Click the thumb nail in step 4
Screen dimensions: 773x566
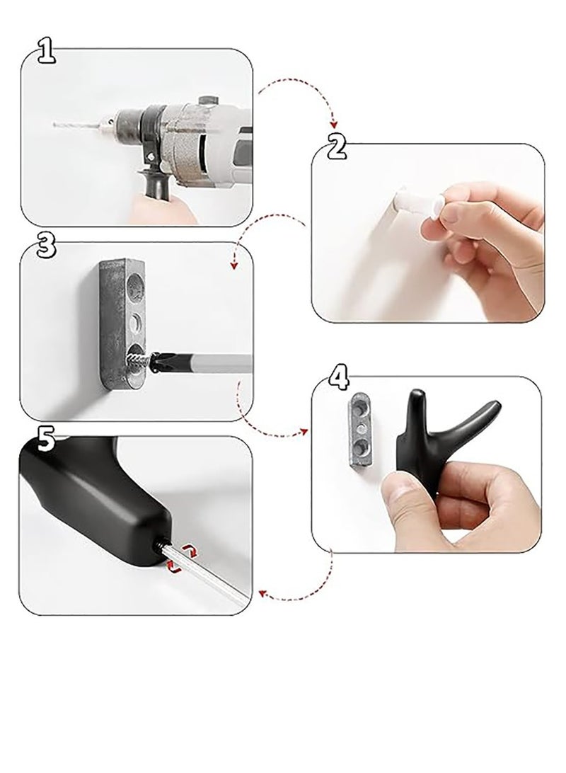coord(395,488)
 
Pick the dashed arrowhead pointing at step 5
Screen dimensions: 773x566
coord(263,596)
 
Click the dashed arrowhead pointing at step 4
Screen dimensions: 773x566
coord(304,431)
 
